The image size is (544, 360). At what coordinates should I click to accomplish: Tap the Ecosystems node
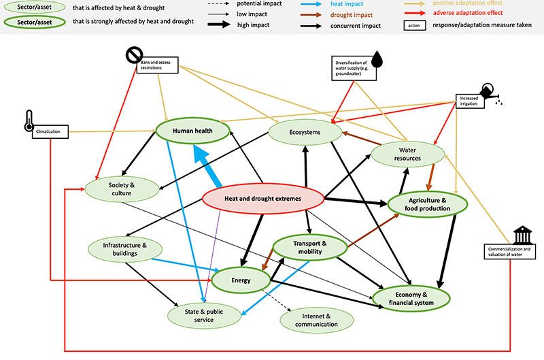click(303, 131)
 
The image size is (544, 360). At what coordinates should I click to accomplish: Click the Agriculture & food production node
click(428, 204)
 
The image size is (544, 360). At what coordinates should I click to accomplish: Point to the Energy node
click(241, 280)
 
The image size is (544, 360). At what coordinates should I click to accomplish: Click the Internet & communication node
click(317, 320)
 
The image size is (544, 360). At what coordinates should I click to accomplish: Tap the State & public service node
click(205, 314)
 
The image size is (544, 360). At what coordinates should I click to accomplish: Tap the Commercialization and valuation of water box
click(509, 252)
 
